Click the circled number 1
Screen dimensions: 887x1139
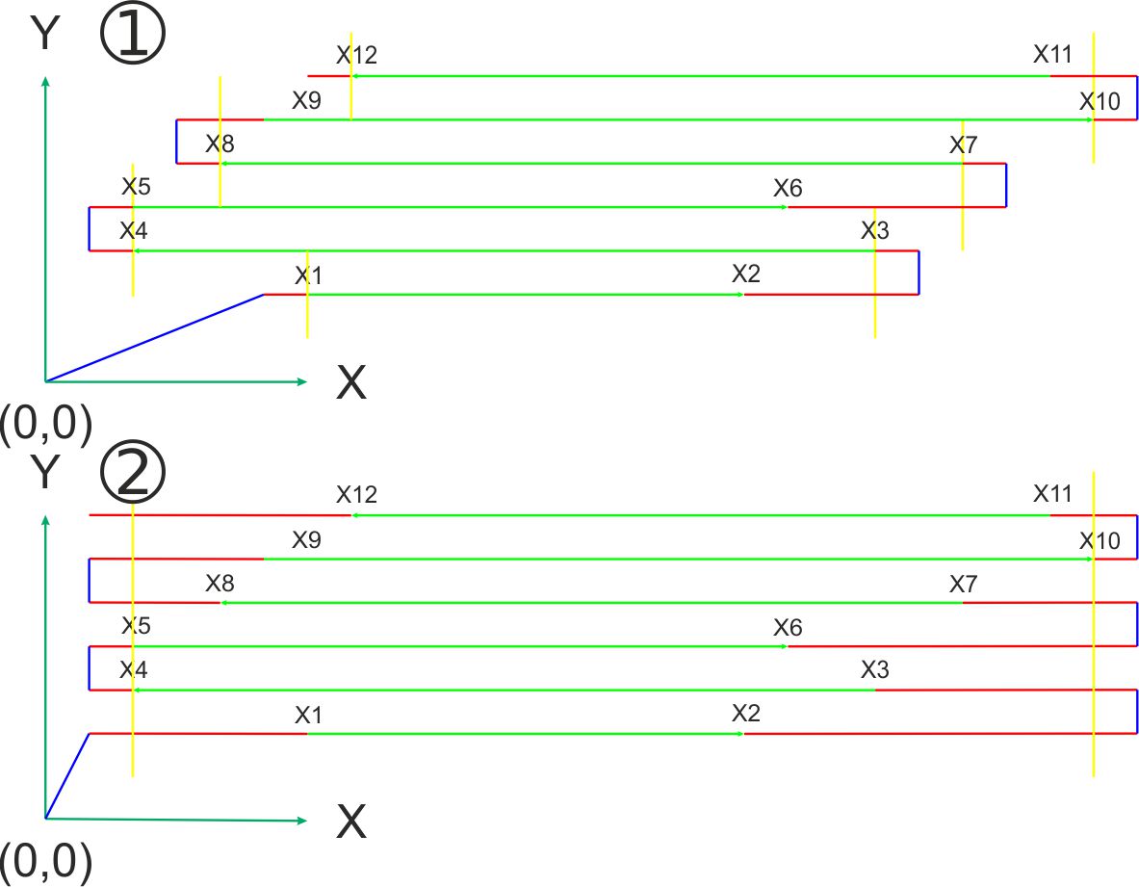[133, 36]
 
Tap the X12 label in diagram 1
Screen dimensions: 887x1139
[356, 55]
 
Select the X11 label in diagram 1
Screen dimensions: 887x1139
[1052, 55]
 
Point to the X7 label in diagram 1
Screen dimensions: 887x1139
[963, 145]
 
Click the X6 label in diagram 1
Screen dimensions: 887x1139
[788, 189]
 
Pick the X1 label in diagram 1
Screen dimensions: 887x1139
[308, 275]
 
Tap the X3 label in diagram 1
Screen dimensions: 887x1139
[875, 232]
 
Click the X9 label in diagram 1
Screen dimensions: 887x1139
[306, 101]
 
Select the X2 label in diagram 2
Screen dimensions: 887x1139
[746, 714]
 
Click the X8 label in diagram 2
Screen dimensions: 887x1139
[220, 584]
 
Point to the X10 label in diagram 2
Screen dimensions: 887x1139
[1100, 541]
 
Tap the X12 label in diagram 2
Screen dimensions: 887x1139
[356, 495]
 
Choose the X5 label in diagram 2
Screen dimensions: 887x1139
[136, 626]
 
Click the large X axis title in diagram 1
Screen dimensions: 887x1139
[351, 384]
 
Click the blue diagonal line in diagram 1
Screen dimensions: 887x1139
[154, 338]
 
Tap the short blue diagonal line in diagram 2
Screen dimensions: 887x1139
[67, 776]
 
